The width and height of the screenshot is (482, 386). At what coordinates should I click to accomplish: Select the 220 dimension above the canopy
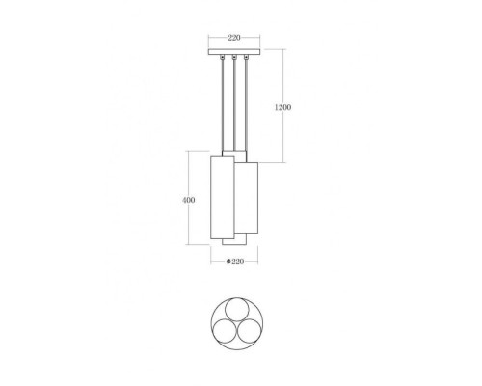234,39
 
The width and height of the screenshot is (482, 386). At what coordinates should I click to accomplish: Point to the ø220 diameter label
234,262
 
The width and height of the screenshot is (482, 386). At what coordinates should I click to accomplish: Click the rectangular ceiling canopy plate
234,50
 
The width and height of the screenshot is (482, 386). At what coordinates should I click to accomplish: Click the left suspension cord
223,106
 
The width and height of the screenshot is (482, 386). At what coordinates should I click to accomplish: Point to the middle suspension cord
234,106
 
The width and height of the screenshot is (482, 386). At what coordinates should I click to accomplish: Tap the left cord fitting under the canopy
223,61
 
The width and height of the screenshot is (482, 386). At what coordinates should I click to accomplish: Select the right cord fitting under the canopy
247,61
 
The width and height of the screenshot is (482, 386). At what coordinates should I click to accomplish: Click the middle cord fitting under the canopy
234,61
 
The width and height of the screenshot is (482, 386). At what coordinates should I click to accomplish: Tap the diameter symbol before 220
227,262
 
